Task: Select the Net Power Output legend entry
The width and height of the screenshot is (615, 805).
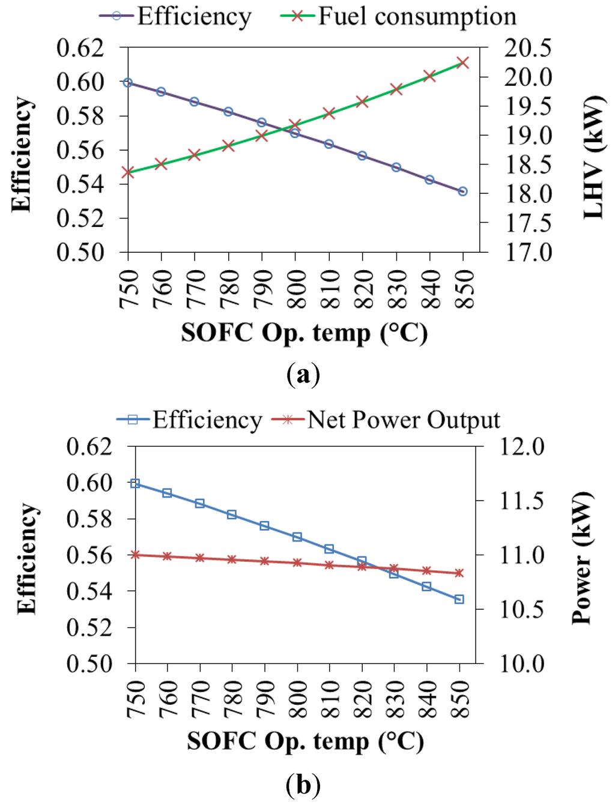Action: click(386, 420)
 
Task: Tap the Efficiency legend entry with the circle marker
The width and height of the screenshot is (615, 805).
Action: click(175, 16)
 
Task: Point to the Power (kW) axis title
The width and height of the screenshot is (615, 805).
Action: click(581, 558)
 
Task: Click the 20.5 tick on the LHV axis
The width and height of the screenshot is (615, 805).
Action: click(528, 48)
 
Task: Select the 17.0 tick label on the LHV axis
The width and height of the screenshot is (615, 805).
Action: click(528, 252)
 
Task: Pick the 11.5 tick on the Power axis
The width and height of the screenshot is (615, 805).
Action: click(522, 501)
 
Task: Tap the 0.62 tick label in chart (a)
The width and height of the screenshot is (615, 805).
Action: click(80, 48)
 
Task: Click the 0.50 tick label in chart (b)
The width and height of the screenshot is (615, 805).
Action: click(89, 664)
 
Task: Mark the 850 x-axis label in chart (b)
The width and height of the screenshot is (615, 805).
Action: click(459, 699)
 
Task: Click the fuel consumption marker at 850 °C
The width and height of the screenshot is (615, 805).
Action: click(462, 62)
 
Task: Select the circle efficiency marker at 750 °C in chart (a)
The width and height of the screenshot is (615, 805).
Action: click(128, 82)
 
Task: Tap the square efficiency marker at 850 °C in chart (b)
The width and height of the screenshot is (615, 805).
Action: click(459, 599)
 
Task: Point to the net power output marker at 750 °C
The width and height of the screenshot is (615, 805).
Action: click(135, 555)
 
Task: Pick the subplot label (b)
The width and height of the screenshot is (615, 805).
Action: click(303, 785)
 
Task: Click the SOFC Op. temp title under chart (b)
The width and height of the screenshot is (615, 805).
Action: click(305, 742)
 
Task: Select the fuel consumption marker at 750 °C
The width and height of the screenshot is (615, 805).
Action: click(128, 172)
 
